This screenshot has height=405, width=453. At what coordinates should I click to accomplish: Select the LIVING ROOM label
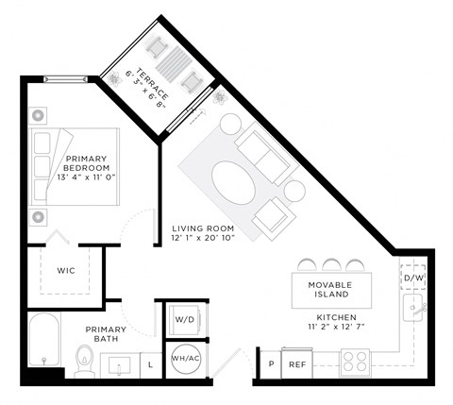[202, 228]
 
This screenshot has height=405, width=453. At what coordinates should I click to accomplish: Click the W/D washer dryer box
[184, 320]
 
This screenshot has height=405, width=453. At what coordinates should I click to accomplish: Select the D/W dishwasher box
[413, 278]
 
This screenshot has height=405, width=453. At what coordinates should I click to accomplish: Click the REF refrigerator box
[297, 363]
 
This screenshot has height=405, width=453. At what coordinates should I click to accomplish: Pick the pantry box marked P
[270, 363]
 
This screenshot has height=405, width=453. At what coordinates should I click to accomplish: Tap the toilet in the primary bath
[84, 359]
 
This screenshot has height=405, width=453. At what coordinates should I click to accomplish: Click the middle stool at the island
[329, 262]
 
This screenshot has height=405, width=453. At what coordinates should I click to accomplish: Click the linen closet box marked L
[150, 363]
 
